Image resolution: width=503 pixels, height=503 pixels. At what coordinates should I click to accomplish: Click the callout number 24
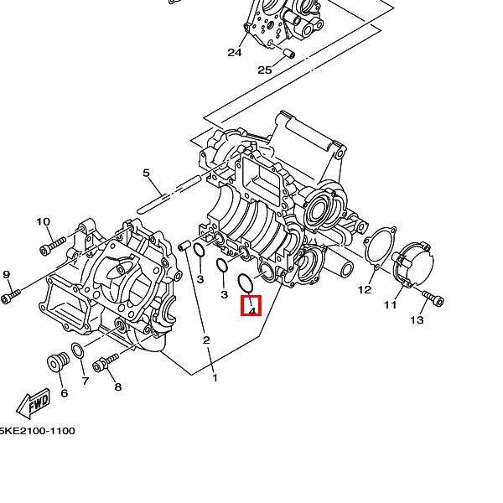tap(234, 53)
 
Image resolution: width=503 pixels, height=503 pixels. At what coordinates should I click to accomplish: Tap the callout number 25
tap(265, 70)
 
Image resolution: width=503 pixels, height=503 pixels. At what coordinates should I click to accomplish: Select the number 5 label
tap(146, 174)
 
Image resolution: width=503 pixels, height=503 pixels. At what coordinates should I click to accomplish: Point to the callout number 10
tap(43, 222)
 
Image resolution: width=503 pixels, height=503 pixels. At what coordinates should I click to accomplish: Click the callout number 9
tap(6, 275)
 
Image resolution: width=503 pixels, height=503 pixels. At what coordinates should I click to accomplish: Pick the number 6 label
tap(64, 392)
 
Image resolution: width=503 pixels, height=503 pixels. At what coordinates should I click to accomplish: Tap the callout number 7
tap(85, 381)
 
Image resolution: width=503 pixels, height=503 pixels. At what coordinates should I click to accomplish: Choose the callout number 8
tap(117, 386)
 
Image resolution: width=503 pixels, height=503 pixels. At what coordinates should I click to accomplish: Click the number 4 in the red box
tap(251, 309)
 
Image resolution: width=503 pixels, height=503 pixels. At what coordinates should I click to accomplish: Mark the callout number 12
tap(365, 290)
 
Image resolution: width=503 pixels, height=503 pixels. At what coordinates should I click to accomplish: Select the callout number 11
tap(390, 304)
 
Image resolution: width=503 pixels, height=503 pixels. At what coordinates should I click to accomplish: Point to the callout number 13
tap(417, 320)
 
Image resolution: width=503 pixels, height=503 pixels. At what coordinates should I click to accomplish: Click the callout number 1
tap(215, 378)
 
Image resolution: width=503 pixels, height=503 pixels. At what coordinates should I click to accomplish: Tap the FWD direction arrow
tap(34, 407)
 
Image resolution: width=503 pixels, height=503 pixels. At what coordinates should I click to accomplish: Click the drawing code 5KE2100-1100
tap(37, 431)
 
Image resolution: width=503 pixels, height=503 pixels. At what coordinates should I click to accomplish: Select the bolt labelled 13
tap(433, 297)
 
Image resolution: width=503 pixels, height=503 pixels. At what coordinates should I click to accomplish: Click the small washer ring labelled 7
tap(76, 350)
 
